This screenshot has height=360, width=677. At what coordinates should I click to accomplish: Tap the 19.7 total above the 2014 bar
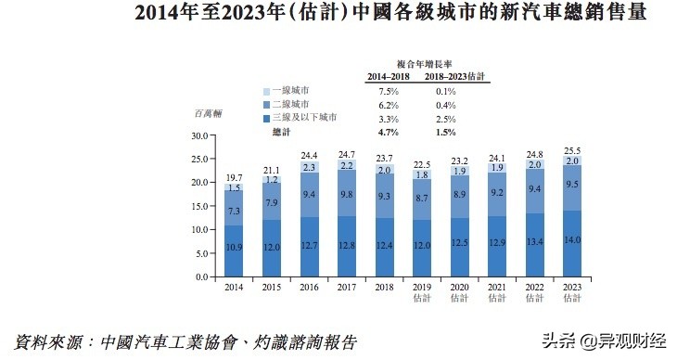click(234, 177)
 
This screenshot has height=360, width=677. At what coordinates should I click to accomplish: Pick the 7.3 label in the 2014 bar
click(234, 212)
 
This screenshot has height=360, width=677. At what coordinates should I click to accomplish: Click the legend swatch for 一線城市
click(267, 92)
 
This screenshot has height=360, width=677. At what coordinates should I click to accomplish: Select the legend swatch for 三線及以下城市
click(267, 119)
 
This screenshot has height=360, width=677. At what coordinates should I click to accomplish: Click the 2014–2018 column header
click(389, 78)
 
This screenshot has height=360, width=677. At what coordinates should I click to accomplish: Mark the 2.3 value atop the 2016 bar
click(310, 167)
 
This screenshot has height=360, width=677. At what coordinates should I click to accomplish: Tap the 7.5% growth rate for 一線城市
click(389, 92)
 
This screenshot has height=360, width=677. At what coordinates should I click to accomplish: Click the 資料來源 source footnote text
click(185, 341)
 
